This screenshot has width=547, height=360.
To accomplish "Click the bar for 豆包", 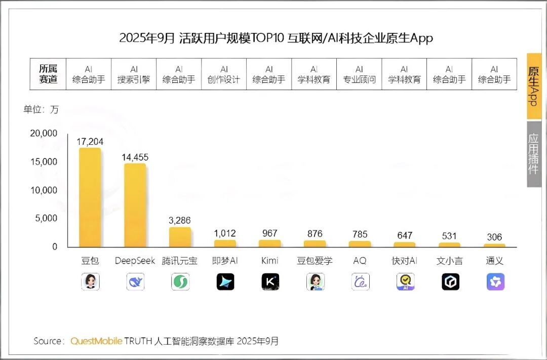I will (90, 197).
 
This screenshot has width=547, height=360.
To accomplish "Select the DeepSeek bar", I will (135, 205).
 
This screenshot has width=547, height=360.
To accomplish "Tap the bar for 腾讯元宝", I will (180, 237).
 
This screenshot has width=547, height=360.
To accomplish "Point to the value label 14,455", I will (135, 157).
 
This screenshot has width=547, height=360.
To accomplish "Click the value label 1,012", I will (225, 233).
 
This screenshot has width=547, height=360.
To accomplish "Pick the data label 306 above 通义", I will (494, 237).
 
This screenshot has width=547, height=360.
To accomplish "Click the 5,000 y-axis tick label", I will (46, 218).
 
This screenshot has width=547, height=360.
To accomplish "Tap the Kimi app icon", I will (270, 282).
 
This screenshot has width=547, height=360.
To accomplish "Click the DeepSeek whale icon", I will (135, 282).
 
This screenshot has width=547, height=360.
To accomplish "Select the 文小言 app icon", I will (450, 282).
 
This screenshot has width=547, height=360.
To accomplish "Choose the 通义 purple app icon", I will (495, 282).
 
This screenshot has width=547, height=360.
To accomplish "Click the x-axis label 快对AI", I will (405, 261).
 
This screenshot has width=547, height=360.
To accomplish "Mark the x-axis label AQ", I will (360, 261).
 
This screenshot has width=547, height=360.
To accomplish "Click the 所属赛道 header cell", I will (49, 74).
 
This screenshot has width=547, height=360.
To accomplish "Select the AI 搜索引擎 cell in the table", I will (134, 74).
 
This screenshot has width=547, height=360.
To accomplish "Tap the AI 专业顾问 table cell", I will (359, 74).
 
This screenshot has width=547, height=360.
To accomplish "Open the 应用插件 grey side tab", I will (533, 154).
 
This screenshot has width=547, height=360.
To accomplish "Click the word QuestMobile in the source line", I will (96, 341).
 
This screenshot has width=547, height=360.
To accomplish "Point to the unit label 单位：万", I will (41, 109).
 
